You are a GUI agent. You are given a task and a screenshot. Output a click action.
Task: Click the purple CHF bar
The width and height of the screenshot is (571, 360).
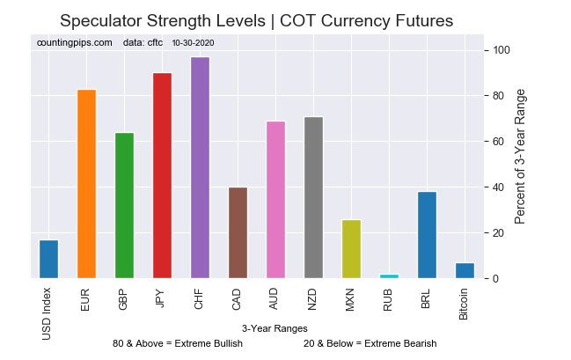(x=200, y=168)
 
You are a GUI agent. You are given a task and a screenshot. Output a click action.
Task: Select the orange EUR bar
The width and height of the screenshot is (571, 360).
(x=86, y=184)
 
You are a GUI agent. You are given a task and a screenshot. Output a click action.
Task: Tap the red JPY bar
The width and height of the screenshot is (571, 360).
(x=162, y=175)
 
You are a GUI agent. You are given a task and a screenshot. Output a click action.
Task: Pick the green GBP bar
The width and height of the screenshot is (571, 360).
(x=124, y=206)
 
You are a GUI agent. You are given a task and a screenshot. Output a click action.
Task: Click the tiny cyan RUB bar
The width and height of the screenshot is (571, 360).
(x=390, y=276)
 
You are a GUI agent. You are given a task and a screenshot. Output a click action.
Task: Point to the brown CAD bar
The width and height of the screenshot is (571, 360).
(x=238, y=232)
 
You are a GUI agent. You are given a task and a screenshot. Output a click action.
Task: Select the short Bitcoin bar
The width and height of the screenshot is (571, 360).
(x=465, y=271)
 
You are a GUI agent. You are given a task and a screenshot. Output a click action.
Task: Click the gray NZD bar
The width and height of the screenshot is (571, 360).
(x=313, y=198)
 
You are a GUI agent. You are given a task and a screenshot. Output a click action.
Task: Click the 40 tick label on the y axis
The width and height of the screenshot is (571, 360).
(x=498, y=187)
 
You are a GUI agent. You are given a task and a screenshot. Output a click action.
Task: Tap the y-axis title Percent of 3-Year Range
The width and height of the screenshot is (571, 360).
(x=520, y=156)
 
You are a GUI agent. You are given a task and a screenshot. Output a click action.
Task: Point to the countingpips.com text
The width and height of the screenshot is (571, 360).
(x=75, y=42)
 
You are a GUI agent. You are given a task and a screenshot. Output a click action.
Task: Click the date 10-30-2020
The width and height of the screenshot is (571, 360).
(x=194, y=42)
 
